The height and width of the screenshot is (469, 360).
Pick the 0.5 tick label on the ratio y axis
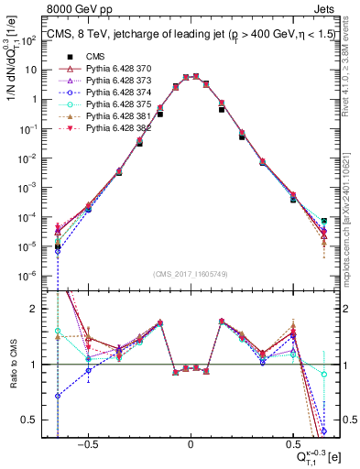pos(29,420)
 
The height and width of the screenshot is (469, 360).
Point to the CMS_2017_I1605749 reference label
pos(191,274)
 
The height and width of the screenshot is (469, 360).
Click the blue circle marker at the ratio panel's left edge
pos(57,396)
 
